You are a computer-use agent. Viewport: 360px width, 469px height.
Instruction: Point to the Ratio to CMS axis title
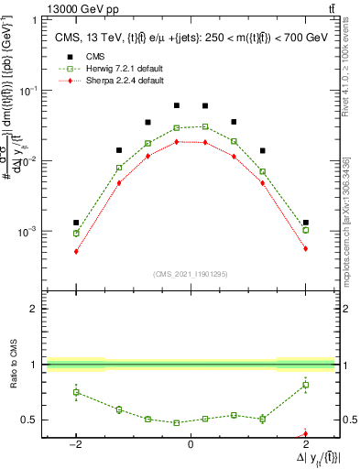(x=11, y=365)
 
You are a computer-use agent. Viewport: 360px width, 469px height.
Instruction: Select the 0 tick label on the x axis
(x=190, y=444)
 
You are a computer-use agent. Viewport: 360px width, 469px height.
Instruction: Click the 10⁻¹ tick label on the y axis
(x=27, y=91)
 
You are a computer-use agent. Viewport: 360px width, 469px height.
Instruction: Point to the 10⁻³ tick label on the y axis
(x=27, y=232)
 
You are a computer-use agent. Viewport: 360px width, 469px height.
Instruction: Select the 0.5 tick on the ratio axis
(x=30, y=420)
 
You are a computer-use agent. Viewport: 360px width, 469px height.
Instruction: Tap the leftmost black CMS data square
(x=76, y=223)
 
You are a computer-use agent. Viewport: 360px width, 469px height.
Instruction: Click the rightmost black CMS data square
(x=305, y=223)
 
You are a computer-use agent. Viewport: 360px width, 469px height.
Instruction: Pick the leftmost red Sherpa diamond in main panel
(x=76, y=251)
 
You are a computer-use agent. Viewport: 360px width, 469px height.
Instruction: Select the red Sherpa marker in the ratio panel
(x=305, y=433)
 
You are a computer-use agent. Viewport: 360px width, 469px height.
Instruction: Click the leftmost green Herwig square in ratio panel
(x=76, y=392)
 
